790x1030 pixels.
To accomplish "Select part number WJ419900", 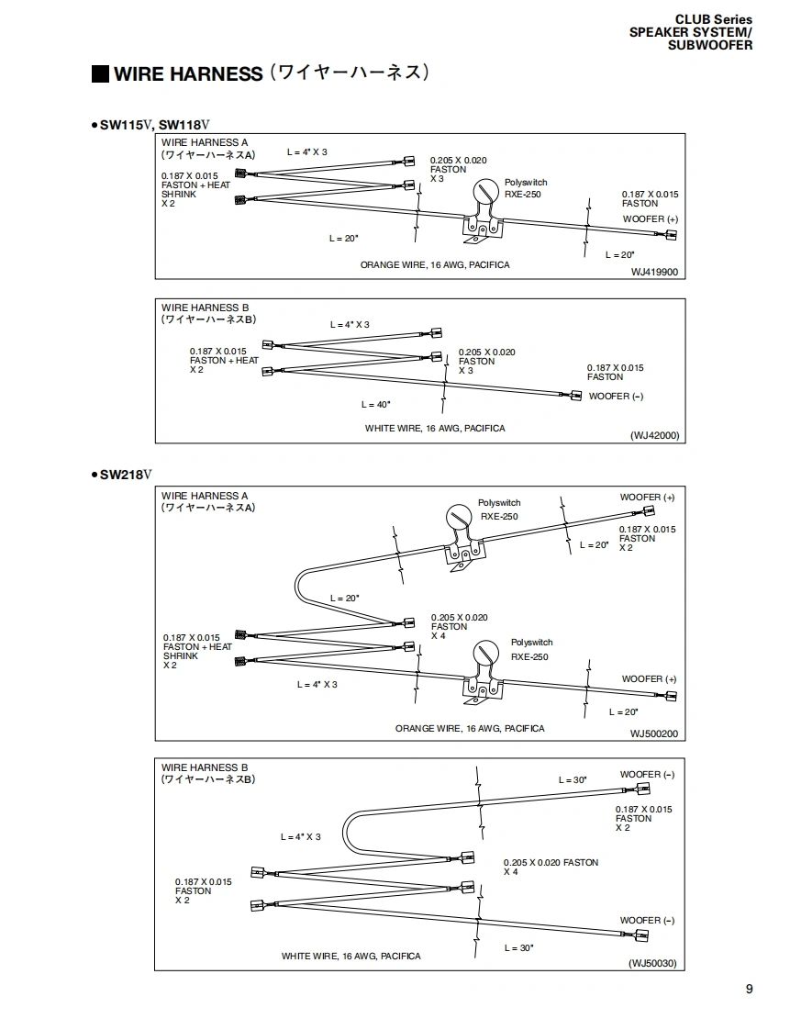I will click(x=654, y=272).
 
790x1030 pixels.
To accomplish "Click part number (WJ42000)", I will click(x=654, y=436).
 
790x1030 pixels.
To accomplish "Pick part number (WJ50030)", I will click(x=652, y=963).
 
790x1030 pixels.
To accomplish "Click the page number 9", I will click(x=749, y=989).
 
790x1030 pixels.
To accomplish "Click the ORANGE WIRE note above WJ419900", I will click(x=434, y=264).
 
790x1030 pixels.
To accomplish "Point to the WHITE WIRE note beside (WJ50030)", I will click(x=350, y=956).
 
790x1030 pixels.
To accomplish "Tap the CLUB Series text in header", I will click(x=713, y=19).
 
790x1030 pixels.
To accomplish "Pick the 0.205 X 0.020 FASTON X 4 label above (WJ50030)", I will click(x=550, y=867).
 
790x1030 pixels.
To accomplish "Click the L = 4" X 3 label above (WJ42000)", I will click(x=350, y=324).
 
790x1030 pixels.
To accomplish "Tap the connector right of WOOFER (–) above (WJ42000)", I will click(x=575, y=396).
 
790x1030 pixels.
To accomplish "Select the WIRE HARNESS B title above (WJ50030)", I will click(x=205, y=767).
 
